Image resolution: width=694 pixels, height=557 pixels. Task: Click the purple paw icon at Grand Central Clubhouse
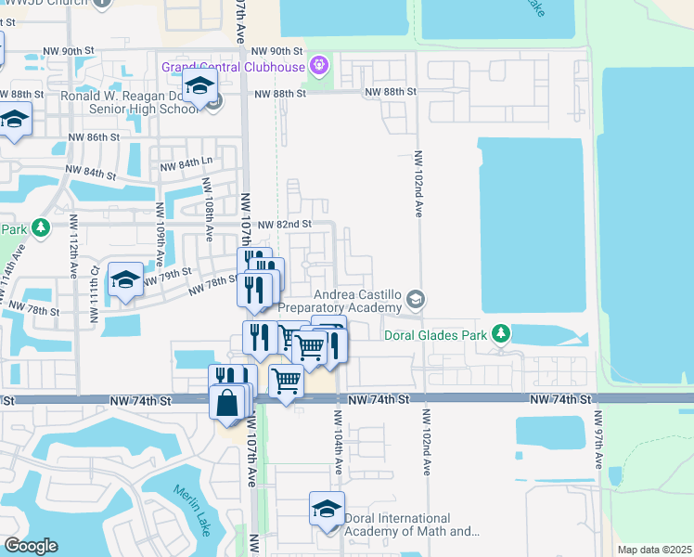coord(320,66)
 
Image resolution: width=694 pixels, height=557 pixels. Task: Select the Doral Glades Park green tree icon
coord(501,332)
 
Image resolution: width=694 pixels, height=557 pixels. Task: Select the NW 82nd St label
coord(283,225)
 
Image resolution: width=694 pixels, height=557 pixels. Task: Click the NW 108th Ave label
coord(210,221)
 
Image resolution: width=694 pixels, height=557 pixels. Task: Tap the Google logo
coord(31,546)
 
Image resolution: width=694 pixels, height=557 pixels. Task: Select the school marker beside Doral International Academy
coord(326,511)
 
